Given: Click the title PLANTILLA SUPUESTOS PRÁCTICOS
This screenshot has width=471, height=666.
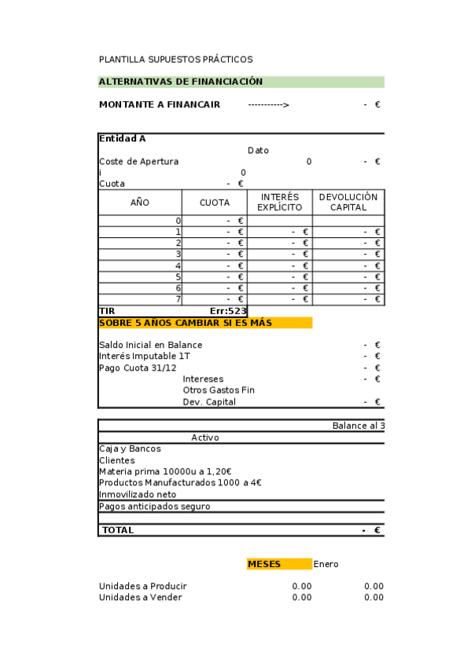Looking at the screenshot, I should point(175,60).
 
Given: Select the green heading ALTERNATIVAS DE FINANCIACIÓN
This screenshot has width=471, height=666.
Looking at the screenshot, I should point(181,82).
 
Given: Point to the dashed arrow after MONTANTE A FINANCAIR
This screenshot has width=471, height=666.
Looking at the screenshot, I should point(268,104).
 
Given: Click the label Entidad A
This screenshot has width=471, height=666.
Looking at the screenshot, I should point(122,139).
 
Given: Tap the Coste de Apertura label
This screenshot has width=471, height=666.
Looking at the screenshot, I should point(138,162).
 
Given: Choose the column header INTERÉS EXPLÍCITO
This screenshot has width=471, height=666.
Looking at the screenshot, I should point(279,203).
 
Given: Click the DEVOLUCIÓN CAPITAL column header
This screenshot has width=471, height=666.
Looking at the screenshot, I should point(348,203).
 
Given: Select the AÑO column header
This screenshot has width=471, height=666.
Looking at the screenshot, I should point(139,203).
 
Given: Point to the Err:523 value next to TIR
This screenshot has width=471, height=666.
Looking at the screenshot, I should point(228,311).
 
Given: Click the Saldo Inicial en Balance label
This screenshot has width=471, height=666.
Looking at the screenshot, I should point(150,346).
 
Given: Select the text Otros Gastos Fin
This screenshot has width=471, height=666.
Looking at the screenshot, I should point(219,390).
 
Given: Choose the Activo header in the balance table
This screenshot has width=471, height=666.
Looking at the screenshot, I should point(205,437).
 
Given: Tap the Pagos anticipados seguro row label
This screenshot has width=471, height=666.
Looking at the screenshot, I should point(154,507).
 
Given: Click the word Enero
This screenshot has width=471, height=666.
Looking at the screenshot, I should point(326,564).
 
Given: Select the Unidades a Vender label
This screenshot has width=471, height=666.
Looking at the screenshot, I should point(140,598).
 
